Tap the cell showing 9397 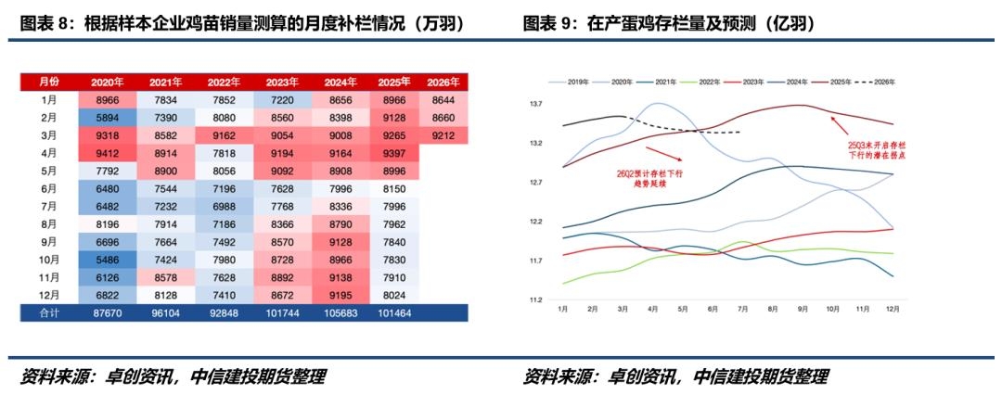tap(395, 153)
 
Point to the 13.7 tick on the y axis tap(535, 104)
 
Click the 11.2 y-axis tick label tap(535, 299)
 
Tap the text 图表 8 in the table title tap(45, 23)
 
